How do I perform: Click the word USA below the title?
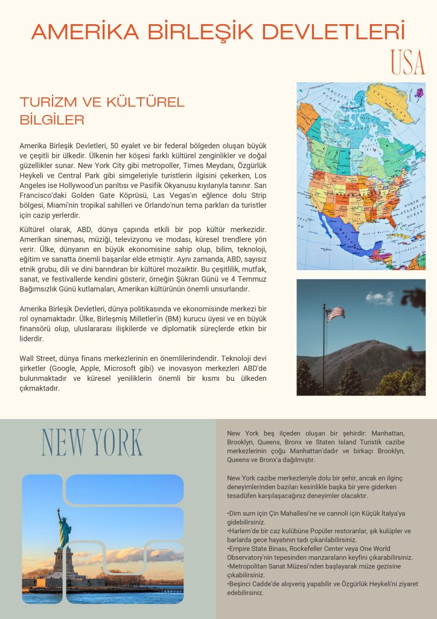click(x=407, y=61)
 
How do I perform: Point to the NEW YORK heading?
click(x=92, y=442)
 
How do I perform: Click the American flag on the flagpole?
click(x=335, y=314)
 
